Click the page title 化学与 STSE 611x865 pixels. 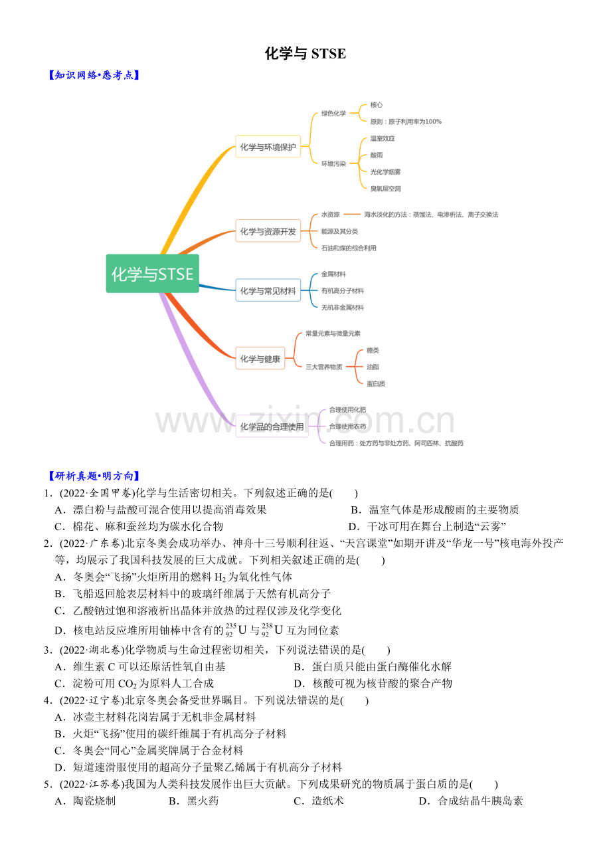(x=305, y=54)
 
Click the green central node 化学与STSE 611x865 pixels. (x=152, y=274)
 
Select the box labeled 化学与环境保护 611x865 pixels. (x=268, y=147)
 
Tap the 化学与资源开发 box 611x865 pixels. (x=268, y=231)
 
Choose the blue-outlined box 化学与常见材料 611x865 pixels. (x=268, y=290)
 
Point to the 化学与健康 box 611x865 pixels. (x=260, y=359)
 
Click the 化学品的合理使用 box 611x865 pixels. (x=272, y=427)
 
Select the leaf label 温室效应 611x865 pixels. (x=383, y=139)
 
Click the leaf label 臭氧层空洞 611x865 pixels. (x=386, y=189)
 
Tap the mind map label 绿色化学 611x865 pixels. (x=333, y=114)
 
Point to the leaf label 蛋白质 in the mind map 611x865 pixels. (x=376, y=383)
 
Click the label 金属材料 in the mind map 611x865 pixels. (x=333, y=274)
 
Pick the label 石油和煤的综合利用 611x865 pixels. (x=349, y=248)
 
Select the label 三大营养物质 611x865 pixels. (x=323, y=367)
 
